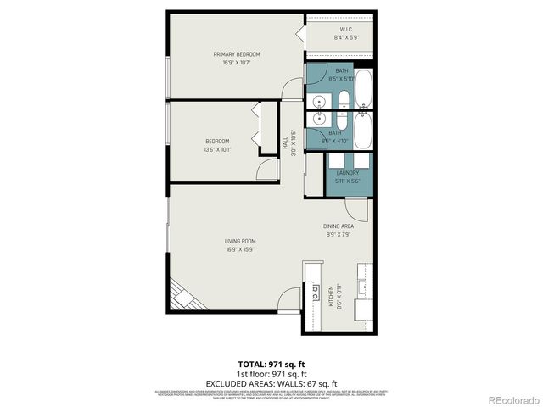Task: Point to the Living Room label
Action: point(240,241)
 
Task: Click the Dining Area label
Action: point(339,226)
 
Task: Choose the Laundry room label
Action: point(347,173)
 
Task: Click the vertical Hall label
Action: point(285,145)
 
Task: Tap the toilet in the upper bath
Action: point(342,99)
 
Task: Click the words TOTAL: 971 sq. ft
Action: point(271,363)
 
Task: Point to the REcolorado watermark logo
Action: point(507,399)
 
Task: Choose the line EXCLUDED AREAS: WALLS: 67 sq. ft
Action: point(271,382)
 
